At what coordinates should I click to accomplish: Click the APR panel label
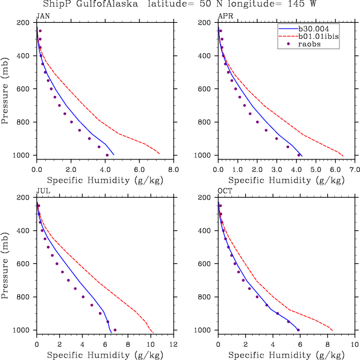225,16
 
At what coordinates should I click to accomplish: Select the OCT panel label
225,191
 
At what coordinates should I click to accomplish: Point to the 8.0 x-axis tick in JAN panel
174,170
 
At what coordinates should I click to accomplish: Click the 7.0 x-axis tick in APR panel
355,170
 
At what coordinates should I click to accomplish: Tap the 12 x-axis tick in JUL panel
174,345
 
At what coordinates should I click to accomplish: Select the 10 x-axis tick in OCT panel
355,345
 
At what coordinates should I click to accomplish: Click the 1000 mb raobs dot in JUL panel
115,330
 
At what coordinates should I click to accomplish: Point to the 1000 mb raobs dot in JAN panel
107,155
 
